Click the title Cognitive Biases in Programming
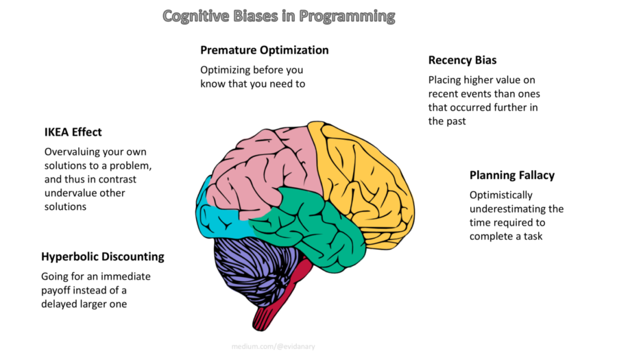(x=278, y=15)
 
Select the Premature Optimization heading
(x=264, y=50)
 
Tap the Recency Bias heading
(x=462, y=60)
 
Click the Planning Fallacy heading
(x=511, y=175)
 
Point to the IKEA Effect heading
(x=73, y=132)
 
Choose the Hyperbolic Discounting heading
(x=103, y=256)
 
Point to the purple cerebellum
(x=254, y=261)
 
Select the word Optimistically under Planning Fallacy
(x=500, y=195)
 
